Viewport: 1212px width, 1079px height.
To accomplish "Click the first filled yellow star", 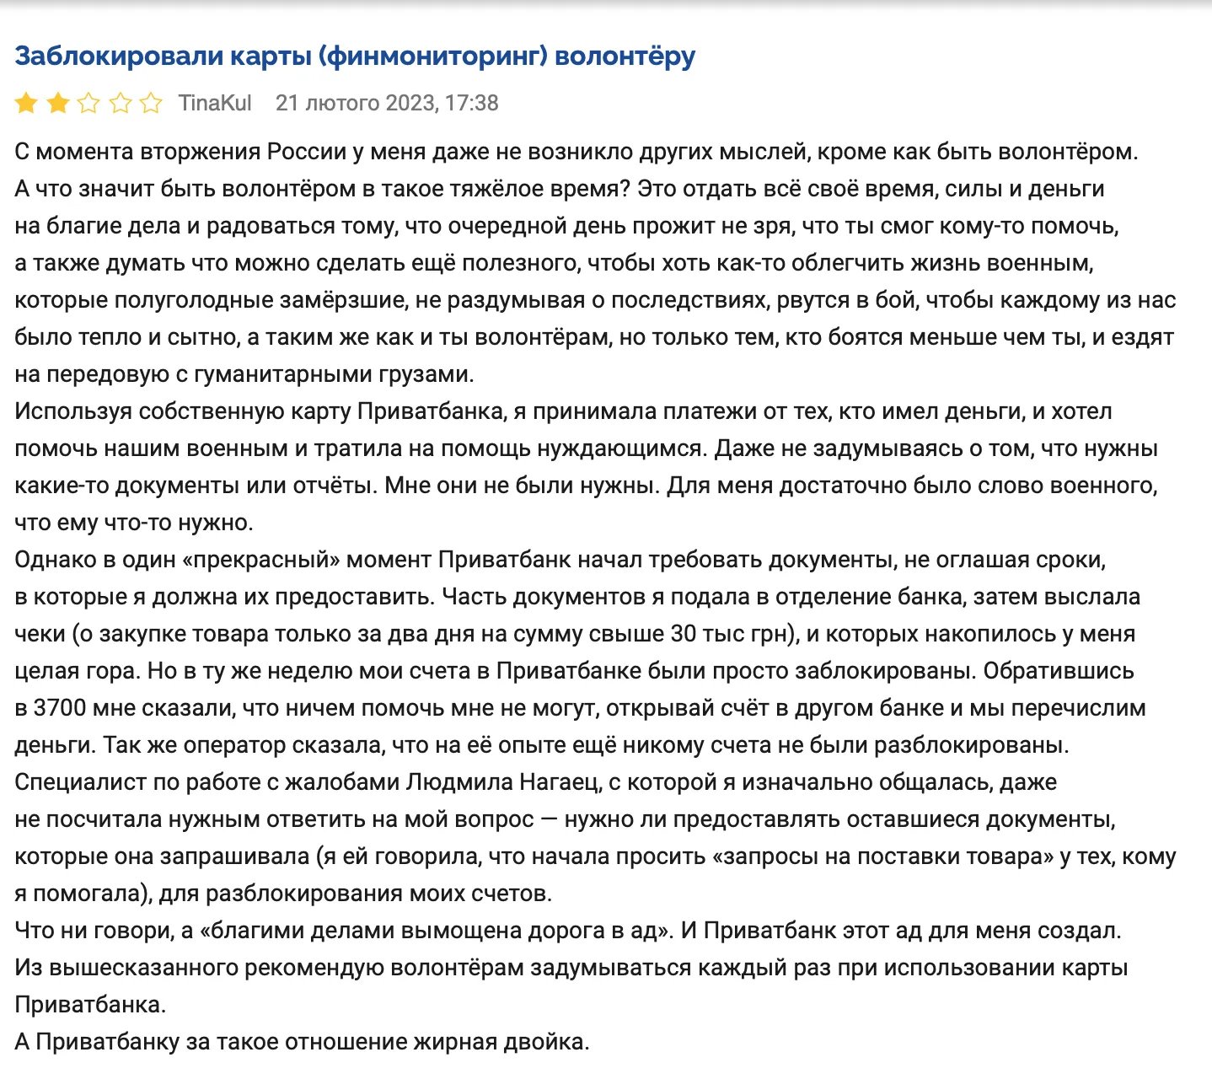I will coord(26,104).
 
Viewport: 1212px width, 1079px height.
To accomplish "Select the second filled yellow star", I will coord(57,104).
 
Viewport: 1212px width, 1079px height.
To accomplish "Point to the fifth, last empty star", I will coord(151,104).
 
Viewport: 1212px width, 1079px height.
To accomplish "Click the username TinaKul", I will coord(215,103).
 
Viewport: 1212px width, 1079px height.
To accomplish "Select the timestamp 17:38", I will coord(472,103).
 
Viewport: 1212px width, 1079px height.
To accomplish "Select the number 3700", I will coord(60,708).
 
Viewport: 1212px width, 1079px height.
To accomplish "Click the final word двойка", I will coord(544,1042).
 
